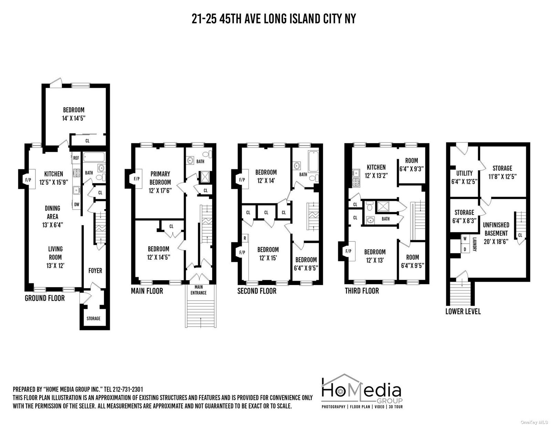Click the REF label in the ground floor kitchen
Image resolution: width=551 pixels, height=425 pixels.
[x=76, y=158]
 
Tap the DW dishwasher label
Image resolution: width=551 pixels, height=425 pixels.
[x=76, y=204]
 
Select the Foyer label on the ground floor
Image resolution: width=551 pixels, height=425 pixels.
[x=95, y=271]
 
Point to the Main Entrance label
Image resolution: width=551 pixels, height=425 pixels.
[x=199, y=290]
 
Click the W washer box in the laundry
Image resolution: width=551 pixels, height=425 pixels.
[x=465, y=239]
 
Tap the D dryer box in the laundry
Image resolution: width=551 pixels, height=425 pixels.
[x=465, y=249]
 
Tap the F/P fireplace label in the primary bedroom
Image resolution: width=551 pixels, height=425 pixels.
[x=136, y=179]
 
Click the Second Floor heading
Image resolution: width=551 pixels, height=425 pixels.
[x=257, y=291]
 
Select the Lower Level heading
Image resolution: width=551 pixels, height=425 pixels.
[x=463, y=311]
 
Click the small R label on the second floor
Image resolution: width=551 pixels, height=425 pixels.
[x=245, y=238]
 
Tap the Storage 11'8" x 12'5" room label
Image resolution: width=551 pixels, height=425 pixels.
[x=502, y=172]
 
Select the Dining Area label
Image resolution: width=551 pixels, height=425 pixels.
[x=52, y=216]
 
